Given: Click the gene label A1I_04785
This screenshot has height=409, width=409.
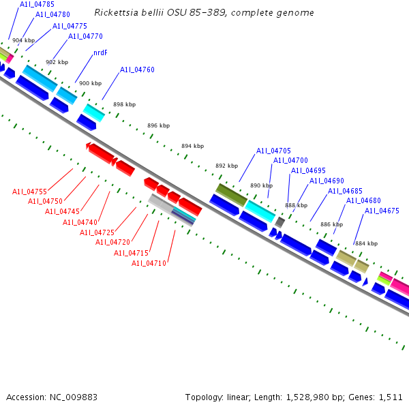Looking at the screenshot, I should tap(37, 4).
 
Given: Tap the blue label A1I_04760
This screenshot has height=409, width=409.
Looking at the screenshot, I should tap(137, 70).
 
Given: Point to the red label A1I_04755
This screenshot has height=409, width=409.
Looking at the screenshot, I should tap(29, 192).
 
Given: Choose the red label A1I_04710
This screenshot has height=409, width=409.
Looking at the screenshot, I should tap(149, 263).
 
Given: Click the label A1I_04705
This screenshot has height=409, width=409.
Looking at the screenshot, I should tap(273, 151).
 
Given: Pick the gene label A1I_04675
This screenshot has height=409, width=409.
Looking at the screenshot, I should tap(382, 211).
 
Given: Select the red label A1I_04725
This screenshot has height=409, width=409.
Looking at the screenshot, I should tap(97, 232).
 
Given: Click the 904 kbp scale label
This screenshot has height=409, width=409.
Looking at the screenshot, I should tap(23, 41).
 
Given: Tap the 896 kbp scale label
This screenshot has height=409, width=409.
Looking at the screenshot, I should tap(158, 125).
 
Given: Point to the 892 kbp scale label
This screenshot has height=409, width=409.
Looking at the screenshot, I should tap(226, 166).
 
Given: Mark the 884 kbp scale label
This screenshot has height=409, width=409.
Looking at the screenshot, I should tap(365, 243).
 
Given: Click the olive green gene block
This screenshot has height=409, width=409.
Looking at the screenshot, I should tap(231, 195).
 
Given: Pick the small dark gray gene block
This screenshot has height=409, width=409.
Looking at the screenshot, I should tap(279, 222).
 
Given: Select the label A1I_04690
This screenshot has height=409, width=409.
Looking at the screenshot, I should tap(327, 181).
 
